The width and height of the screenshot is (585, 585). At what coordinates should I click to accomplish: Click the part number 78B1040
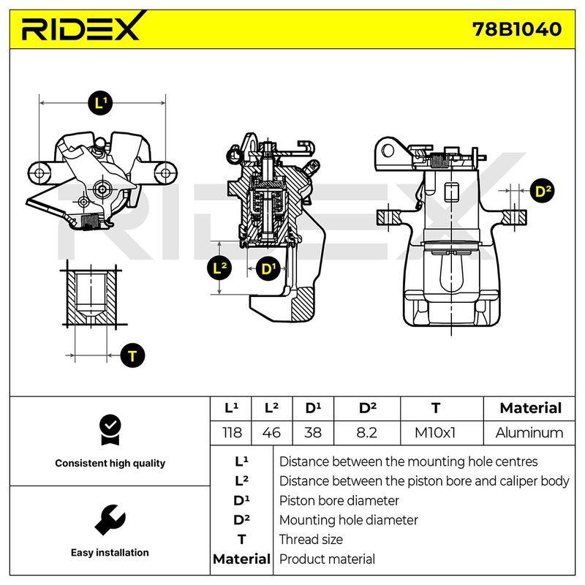click(x=517, y=29)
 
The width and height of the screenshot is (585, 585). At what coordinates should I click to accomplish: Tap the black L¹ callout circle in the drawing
click(x=100, y=102)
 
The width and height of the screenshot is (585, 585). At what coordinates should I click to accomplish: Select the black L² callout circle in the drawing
click(x=219, y=268)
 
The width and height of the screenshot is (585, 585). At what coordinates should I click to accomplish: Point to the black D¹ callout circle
click(x=268, y=268)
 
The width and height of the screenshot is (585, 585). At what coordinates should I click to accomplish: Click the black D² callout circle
click(x=542, y=191)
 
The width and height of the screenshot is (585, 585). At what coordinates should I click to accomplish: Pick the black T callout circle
click(x=132, y=355)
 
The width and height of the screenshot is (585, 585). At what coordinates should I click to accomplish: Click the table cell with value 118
click(x=231, y=433)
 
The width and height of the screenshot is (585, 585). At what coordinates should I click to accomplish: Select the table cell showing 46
click(x=271, y=433)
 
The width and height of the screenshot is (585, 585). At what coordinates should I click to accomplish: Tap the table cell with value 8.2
click(x=367, y=433)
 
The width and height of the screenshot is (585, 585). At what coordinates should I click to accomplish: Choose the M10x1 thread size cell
click(x=435, y=433)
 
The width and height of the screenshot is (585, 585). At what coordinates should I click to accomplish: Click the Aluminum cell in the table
click(x=529, y=433)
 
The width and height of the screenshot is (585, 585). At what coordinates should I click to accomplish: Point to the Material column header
click(x=530, y=408)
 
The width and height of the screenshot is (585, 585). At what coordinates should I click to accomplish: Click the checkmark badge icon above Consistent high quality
click(x=110, y=430)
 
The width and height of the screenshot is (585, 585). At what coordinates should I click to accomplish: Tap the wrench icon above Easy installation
click(x=110, y=519)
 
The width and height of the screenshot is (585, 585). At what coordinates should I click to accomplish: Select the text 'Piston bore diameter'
click(x=339, y=500)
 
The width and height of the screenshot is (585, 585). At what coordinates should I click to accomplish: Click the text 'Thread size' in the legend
click(x=311, y=540)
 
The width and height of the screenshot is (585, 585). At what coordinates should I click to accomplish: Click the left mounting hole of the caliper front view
click(x=40, y=173)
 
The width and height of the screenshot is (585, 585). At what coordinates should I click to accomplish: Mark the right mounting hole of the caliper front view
click(x=165, y=173)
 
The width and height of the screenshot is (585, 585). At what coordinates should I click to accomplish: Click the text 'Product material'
click(x=327, y=559)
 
